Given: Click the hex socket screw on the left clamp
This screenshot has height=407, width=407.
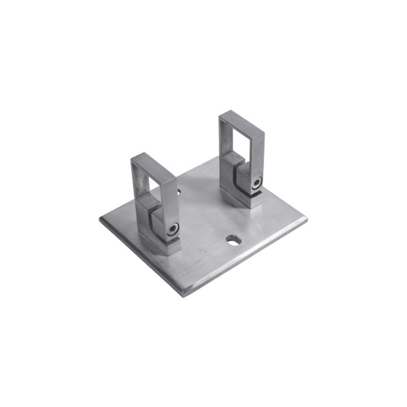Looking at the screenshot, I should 173,229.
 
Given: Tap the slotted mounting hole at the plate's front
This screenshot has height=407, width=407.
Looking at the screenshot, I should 233,239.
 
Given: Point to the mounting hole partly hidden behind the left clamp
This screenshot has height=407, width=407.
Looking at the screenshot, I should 178,193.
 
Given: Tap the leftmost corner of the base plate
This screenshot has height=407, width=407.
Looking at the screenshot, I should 100,220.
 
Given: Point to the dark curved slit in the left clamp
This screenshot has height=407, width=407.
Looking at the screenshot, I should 157,224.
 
